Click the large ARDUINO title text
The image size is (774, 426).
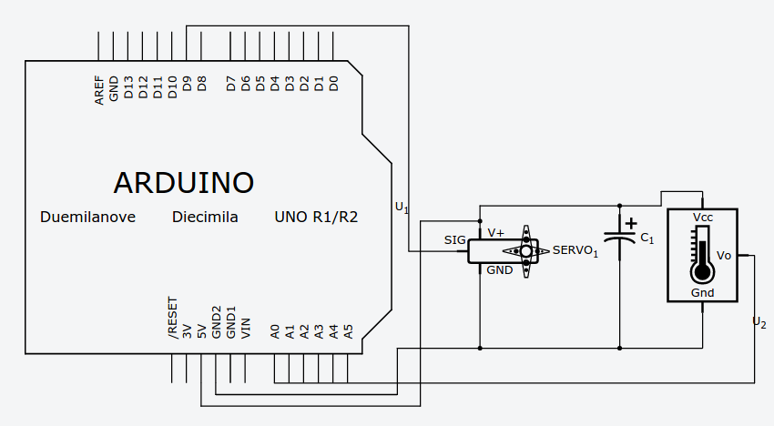coord(183,182)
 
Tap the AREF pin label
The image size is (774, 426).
coord(99,90)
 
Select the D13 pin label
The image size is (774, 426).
coord(128,87)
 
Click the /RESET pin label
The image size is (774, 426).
coord(172,319)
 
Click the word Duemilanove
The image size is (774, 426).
coord(88,218)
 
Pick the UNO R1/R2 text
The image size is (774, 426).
coord(316,218)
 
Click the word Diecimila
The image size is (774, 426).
coord(205,218)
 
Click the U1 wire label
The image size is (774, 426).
coord(402,208)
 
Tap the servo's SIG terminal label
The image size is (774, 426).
coord(454,240)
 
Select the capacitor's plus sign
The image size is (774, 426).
coord(630,222)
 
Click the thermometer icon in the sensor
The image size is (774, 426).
coord(701,256)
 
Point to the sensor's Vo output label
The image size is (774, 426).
coord(724,256)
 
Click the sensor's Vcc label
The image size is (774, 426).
coord(702,218)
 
